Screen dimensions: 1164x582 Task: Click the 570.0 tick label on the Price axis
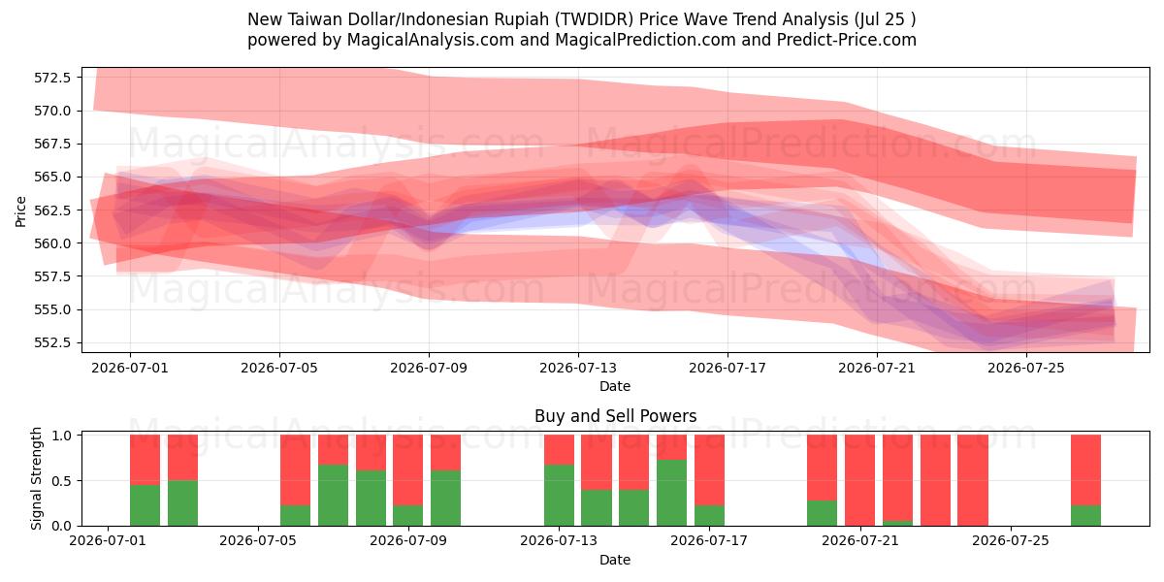click(52, 111)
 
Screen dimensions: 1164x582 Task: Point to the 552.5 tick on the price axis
click(52, 343)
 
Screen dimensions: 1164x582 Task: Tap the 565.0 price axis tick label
click(52, 178)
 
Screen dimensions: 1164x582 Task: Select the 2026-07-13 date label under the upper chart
click(578, 369)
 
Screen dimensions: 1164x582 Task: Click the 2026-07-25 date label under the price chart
click(1026, 369)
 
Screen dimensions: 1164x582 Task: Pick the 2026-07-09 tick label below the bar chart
click(408, 541)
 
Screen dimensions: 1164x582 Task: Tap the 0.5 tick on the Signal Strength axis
click(62, 481)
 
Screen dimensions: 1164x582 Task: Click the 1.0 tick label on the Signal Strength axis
click(62, 436)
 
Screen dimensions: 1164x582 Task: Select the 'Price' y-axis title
click(20, 211)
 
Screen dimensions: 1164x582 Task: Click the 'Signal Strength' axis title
click(36, 478)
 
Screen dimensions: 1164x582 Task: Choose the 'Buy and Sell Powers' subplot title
click(615, 416)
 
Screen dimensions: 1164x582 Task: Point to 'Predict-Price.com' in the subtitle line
click(847, 40)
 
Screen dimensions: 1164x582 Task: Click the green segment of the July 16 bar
click(671, 493)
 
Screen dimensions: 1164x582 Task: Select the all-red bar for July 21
click(859, 480)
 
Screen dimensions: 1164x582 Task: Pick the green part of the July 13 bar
click(559, 496)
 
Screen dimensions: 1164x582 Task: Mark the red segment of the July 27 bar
click(1085, 470)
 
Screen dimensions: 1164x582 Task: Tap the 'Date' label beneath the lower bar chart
click(615, 561)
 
